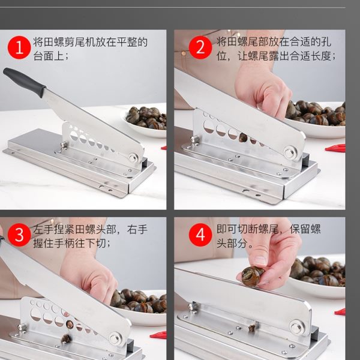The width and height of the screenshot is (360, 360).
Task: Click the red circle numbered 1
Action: [19, 47]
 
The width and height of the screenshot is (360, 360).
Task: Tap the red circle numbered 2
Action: [200, 47]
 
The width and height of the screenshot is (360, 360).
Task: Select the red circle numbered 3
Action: [19, 235]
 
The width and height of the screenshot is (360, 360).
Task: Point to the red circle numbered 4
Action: [200, 235]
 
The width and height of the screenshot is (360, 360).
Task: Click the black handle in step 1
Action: [24, 82]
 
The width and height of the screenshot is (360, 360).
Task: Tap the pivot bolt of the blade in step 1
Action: [133, 157]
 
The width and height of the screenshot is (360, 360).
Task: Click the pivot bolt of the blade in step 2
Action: [290, 152]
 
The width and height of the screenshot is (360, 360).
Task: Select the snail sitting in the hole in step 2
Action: [243, 137]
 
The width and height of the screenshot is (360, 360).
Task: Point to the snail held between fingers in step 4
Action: [252, 276]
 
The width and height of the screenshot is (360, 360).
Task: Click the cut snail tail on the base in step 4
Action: [253, 328]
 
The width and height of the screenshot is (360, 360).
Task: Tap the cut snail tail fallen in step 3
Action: [66, 339]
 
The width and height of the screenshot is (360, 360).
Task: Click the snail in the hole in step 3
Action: [70, 325]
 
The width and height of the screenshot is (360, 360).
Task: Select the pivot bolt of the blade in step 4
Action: [296, 327]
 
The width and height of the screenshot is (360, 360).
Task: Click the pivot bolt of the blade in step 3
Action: [115, 338]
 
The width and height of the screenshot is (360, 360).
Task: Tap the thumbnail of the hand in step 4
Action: [260, 260]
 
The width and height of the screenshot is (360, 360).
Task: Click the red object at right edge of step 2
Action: [335, 148]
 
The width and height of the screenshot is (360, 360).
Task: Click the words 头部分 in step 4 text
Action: [232, 243]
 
